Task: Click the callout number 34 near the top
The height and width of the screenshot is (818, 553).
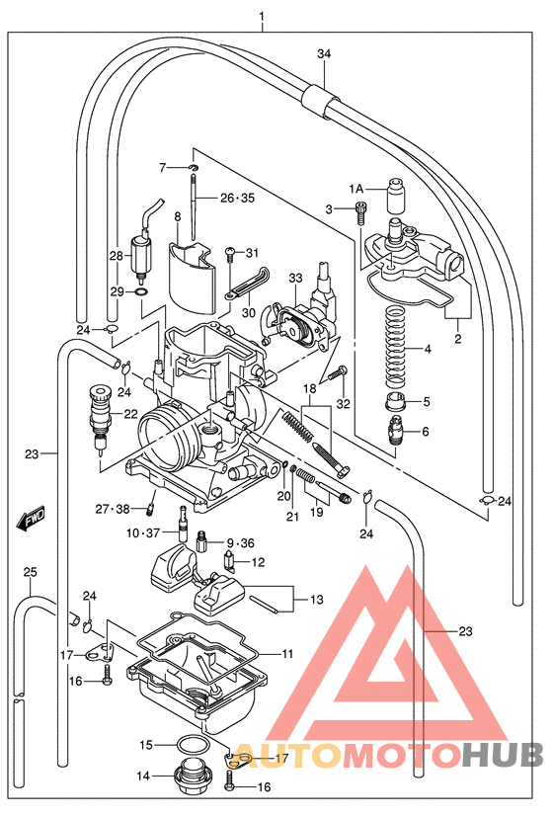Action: [323, 53]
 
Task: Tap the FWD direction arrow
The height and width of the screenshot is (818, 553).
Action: [33, 518]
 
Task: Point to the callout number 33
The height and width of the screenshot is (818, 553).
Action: [294, 280]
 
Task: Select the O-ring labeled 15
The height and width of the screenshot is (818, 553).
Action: [194, 744]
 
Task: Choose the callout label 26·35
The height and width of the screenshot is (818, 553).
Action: [236, 198]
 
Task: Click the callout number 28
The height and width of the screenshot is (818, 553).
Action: [117, 256]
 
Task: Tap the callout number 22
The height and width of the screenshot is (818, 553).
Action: [130, 413]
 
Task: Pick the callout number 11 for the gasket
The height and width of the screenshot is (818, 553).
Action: [287, 654]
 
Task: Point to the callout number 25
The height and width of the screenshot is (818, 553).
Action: [30, 572]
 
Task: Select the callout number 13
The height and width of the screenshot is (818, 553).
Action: [316, 600]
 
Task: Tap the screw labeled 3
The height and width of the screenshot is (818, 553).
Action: [360, 208]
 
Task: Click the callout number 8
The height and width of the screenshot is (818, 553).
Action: [177, 215]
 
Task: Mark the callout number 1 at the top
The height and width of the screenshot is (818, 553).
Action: [262, 17]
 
